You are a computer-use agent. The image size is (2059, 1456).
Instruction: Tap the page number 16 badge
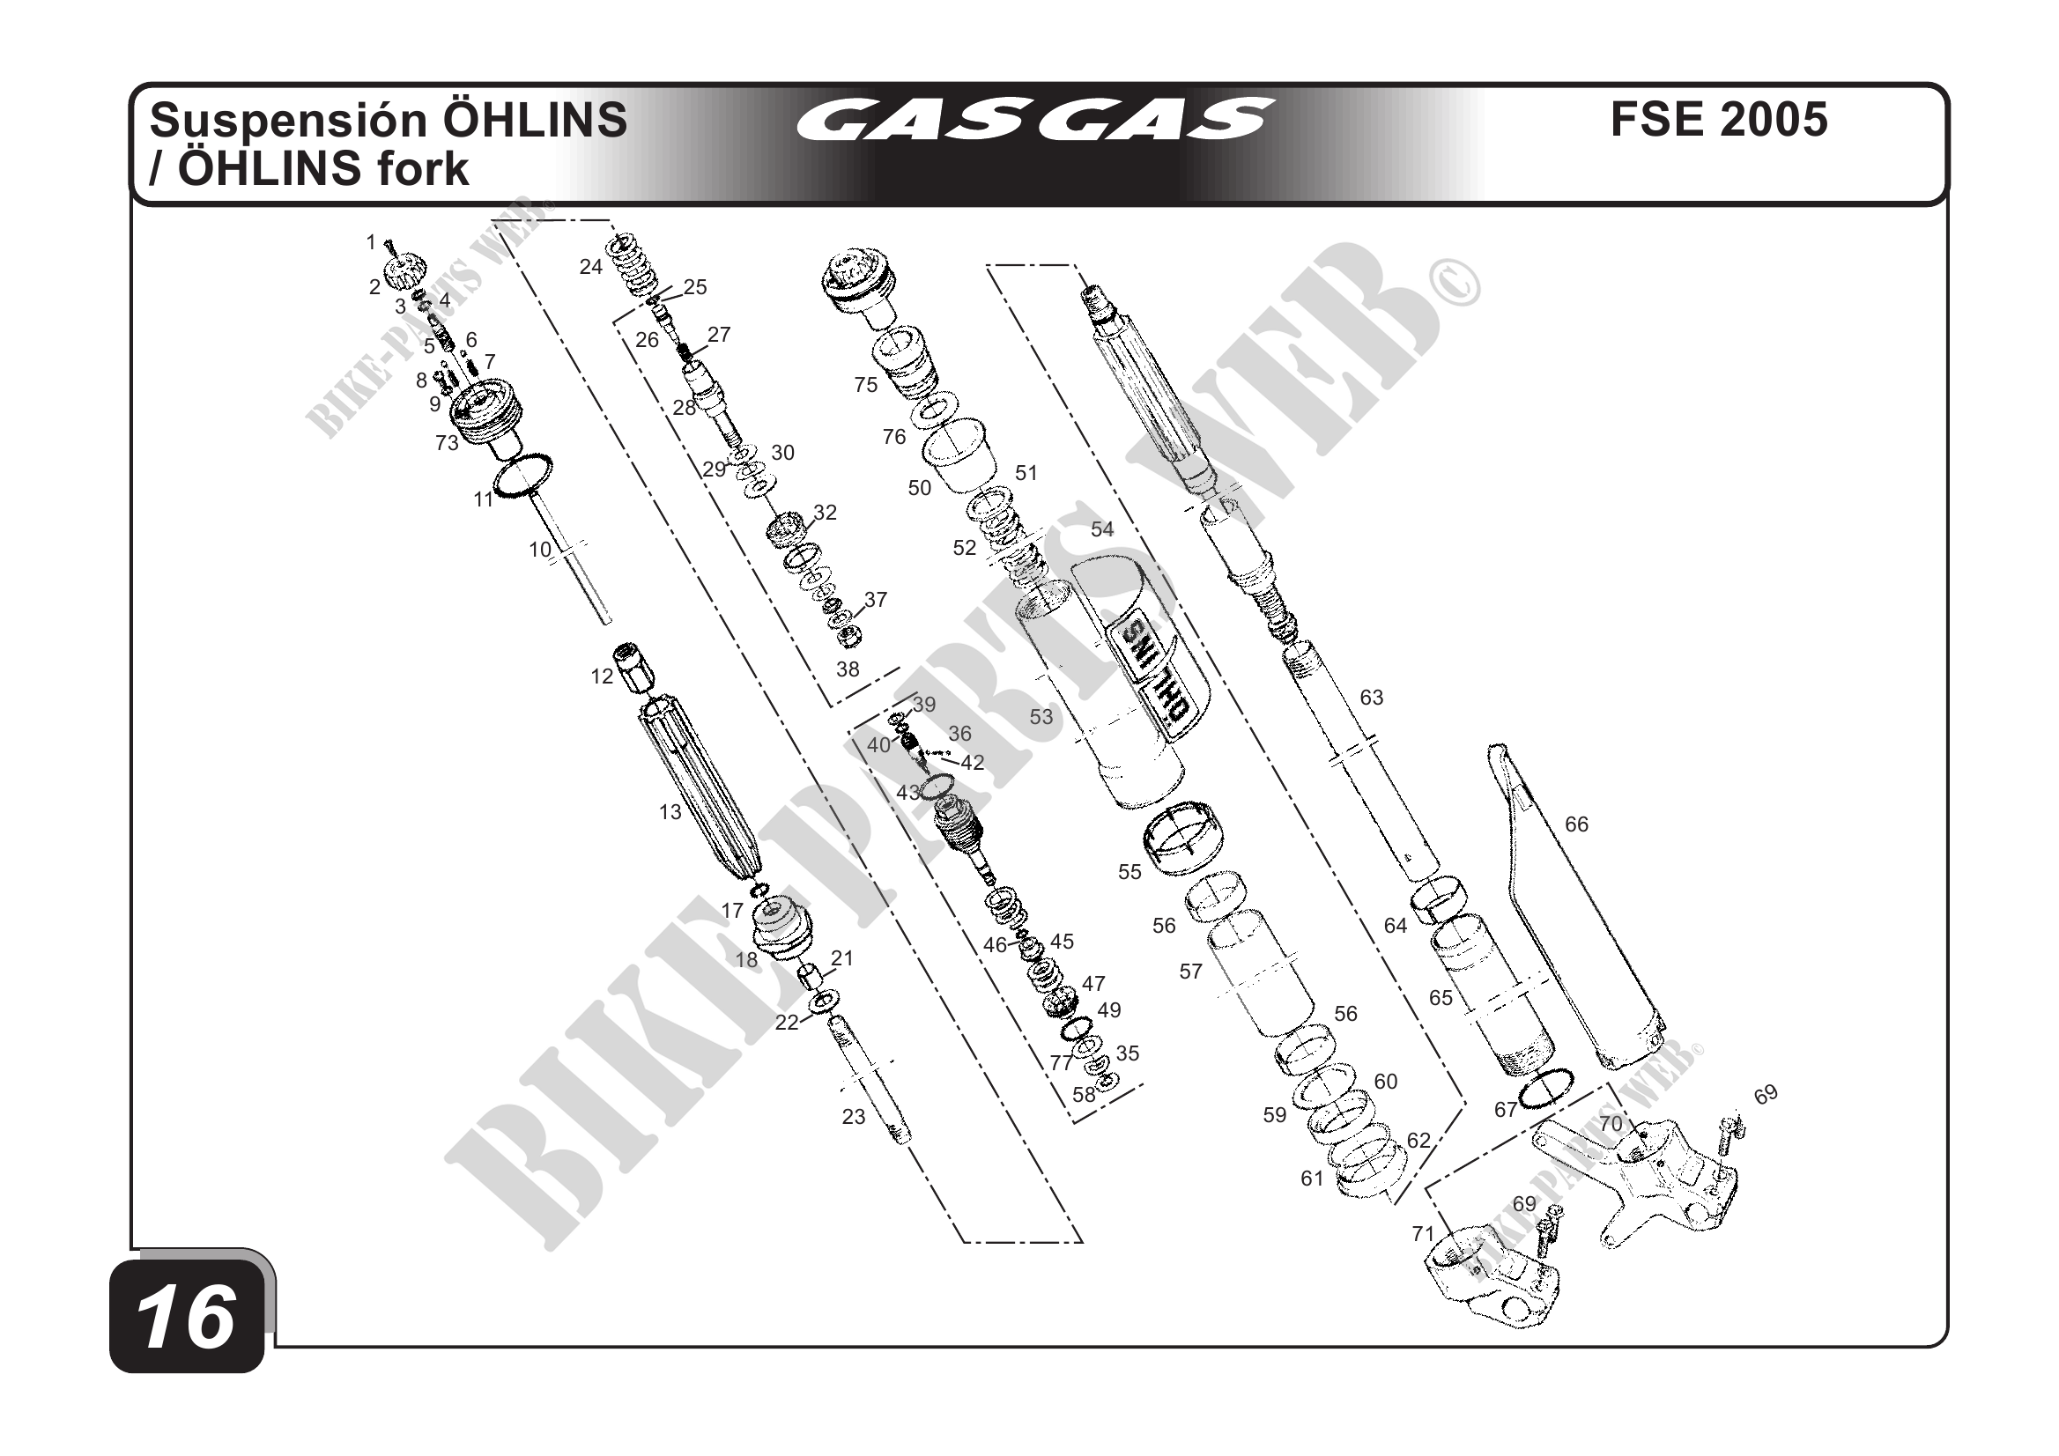pos(187,1317)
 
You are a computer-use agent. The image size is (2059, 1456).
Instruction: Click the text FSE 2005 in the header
pos(1718,119)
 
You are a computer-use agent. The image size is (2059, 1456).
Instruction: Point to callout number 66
pos(1575,824)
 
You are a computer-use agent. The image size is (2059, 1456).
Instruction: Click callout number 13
pos(670,812)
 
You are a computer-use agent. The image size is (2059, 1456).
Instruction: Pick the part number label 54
pos(1101,529)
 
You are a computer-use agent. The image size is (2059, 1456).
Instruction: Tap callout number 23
pos(853,1116)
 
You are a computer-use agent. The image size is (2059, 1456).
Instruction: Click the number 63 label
pos(1371,697)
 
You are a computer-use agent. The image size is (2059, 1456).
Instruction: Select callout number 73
pos(447,442)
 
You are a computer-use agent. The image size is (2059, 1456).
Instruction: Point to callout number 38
pos(848,669)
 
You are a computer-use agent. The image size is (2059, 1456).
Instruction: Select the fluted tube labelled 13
pos(700,789)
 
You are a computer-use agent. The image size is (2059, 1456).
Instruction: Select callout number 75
pos(865,385)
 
